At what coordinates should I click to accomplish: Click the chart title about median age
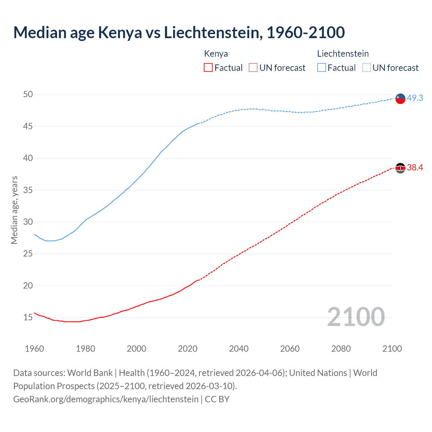179,32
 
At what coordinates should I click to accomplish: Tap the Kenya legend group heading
216,54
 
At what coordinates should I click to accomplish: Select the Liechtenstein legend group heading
343,54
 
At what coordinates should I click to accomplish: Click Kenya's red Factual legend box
208,68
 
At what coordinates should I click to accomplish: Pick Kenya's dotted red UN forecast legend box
253,68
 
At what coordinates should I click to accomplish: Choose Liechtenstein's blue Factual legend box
322,68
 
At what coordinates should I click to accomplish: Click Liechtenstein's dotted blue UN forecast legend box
367,68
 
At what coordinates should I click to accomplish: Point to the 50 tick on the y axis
28,94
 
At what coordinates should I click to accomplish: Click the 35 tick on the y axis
28,190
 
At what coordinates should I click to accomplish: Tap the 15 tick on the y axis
28,317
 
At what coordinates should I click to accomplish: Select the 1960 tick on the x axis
34,349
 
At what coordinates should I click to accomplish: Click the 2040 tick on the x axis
239,349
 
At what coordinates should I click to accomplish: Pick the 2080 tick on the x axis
341,349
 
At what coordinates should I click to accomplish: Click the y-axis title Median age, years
14,210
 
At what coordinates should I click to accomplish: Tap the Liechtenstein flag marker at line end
400,99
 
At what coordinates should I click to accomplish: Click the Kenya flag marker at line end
400,168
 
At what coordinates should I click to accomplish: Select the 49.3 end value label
415,98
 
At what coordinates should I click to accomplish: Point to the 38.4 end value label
415,167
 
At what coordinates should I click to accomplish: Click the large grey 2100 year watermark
356,317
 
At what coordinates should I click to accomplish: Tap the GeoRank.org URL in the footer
106,399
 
